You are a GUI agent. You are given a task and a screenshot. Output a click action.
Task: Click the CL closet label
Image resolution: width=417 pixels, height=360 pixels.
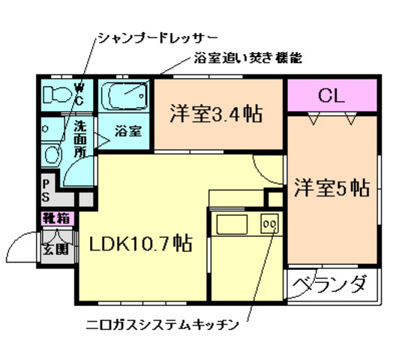click(331, 95)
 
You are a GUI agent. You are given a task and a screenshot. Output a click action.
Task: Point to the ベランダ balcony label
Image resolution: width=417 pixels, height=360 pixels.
click(331, 285)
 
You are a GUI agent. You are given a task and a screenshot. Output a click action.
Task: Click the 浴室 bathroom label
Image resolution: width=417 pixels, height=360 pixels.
click(127, 131)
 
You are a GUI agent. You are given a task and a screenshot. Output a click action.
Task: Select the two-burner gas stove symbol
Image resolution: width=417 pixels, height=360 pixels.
click(268, 223)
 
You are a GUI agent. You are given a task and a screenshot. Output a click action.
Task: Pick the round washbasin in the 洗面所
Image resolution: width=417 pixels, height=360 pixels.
click(52, 154)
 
